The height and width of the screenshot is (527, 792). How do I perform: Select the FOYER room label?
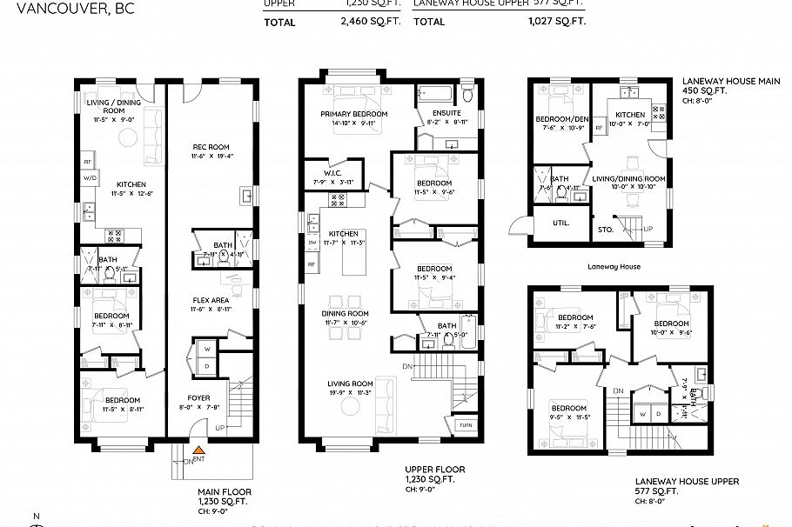(199, 397)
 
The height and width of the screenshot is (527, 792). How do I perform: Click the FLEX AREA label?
(211, 299)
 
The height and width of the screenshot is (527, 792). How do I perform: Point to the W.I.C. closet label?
(325, 173)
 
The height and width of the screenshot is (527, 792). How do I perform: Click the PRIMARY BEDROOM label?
(353, 114)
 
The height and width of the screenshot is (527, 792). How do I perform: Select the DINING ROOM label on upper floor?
(346, 313)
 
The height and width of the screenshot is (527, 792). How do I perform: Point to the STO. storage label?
(607, 230)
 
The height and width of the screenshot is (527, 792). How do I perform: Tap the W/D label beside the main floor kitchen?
(88, 177)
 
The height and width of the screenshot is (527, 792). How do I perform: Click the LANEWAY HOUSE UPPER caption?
(687, 481)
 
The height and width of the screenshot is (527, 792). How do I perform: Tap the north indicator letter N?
(36, 517)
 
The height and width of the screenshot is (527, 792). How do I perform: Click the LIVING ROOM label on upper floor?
(350, 384)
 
